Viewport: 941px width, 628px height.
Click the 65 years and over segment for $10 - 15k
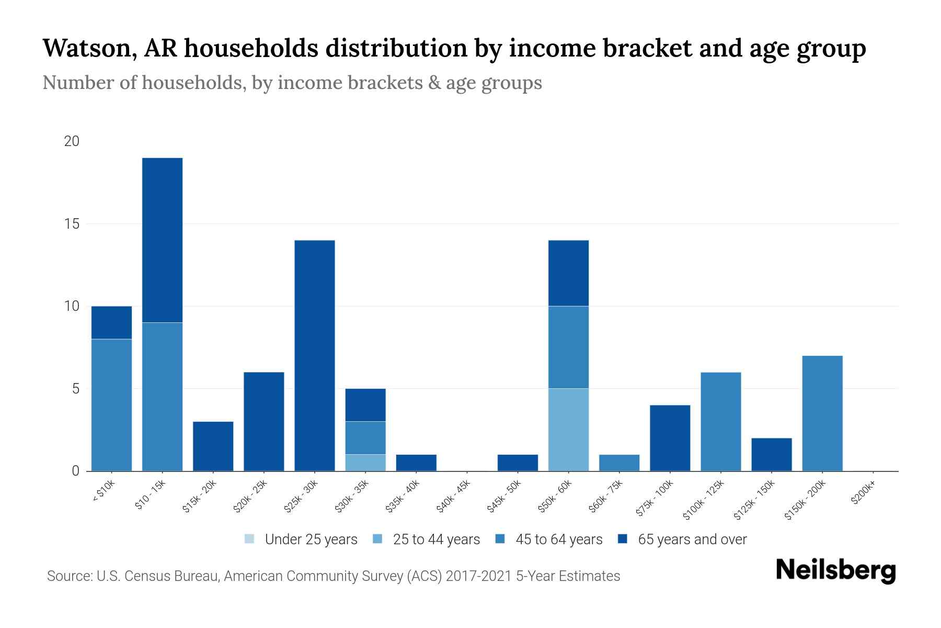click(162, 240)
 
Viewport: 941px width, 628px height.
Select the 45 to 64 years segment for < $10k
click(111, 405)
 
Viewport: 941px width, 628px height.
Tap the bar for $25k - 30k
click(315, 355)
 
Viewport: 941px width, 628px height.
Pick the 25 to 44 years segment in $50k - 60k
click(568, 429)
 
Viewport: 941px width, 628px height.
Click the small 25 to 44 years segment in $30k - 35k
click(365, 463)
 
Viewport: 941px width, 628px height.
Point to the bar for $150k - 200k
click(822, 413)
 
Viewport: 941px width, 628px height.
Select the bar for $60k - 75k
click(619, 463)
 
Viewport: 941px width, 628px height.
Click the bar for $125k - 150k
click(771, 454)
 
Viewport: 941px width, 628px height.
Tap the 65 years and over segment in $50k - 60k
click(568, 273)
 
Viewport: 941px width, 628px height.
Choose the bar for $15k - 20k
click(213, 446)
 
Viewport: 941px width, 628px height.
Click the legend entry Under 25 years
click(301, 539)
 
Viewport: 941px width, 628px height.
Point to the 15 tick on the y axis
click(72, 224)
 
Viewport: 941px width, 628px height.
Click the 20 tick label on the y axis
click(72, 141)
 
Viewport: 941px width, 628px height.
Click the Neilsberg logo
click(835, 570)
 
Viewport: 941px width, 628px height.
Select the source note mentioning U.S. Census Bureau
click(333, 576)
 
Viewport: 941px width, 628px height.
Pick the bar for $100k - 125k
click(720, 421)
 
